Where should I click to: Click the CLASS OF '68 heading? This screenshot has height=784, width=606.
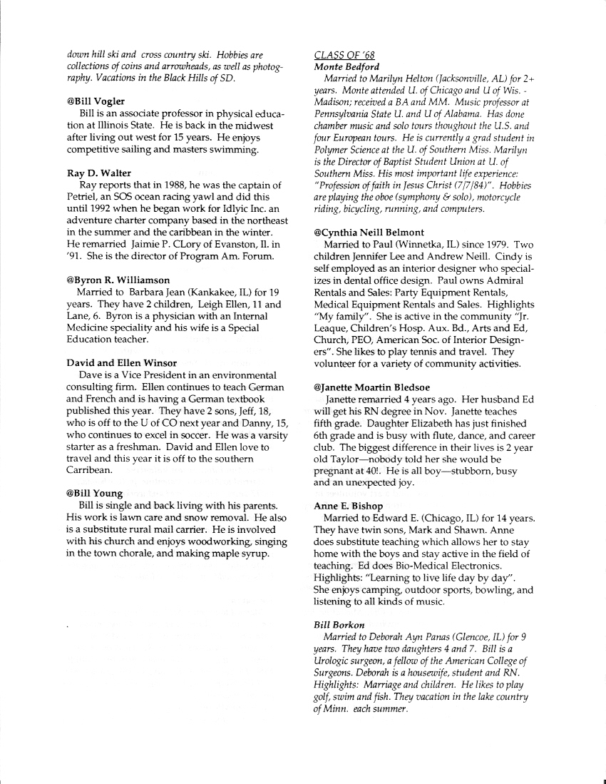point(344,55)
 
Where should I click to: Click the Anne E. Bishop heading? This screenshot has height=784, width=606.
point(348,506)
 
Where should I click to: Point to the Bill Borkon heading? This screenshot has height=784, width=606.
point(339,625)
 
